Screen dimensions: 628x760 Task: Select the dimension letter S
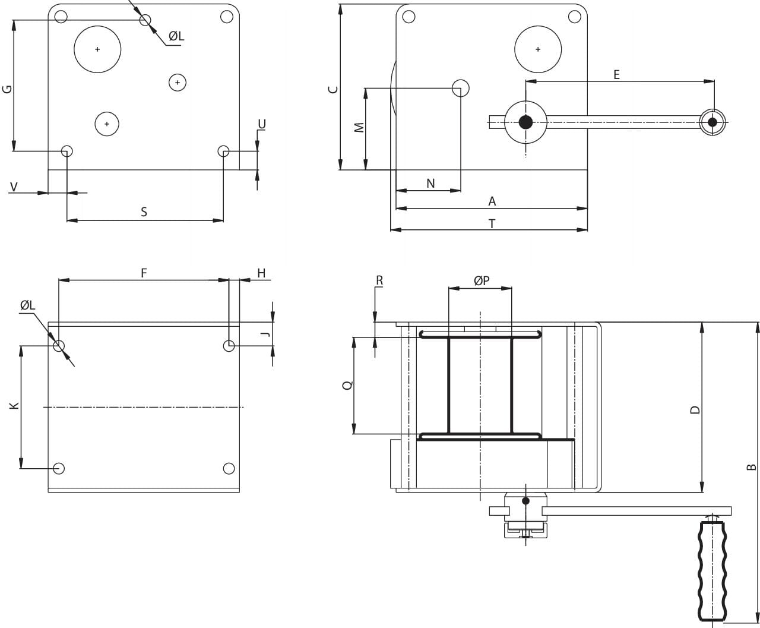(x=144, y=212)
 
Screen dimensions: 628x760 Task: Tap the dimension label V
(x=14, y=187)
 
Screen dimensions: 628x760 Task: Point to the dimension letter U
(x=262, y=124)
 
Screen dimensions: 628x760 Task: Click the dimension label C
(x=334, y=89)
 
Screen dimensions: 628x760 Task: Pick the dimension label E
(x=616, y=75)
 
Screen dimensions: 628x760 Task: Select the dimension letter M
(x=359, y=128)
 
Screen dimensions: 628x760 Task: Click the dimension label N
(x=430, y=184)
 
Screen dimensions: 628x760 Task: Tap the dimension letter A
(x=492, y=202)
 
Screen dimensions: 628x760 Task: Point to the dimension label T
(x=492, y=223)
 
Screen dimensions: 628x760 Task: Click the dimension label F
(x=144, y=273)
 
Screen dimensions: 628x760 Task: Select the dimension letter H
(x=261, y=273)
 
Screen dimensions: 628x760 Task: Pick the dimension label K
(x=15, y=406)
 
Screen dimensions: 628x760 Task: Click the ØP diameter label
(x=482, y=280)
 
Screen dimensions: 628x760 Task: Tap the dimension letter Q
(x=348, y=385)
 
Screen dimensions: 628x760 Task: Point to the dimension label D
(x=695, y=409)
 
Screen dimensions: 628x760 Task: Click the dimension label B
(x=750, y=468)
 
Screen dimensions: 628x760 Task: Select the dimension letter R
(x=379, y=280)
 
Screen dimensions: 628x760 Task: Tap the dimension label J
(x=267, y=334)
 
